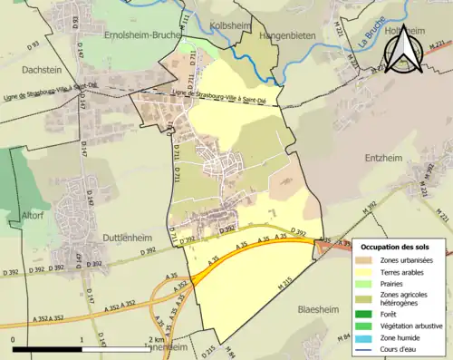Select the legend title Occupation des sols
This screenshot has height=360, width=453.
point(401,246)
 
